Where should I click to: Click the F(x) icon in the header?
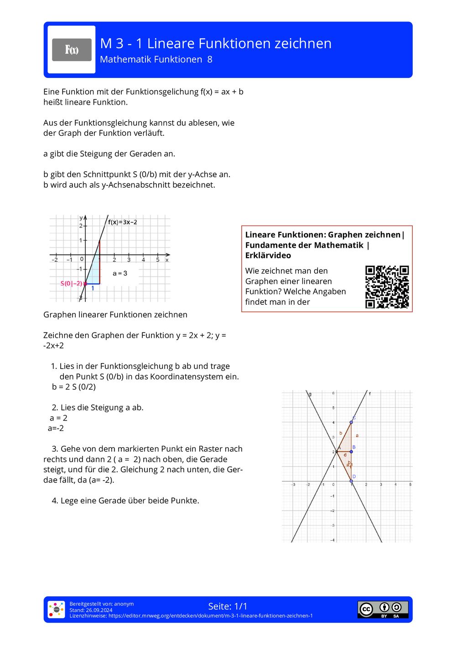[72, 50]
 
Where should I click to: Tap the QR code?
[387, 287]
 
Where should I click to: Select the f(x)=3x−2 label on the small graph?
[122, 222]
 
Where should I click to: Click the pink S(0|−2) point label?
[71, 283]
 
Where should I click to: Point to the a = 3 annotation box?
[120, 273]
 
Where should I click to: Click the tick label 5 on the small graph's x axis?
[158, 260]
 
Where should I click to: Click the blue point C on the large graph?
[351, 422]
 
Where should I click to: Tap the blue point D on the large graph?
[351, 481]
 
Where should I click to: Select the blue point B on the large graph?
[351, 451]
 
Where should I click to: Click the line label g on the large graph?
[310, 394]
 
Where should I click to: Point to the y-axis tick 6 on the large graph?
[333, 393]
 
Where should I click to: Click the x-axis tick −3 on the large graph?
[293, 485]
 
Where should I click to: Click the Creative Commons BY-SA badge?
[383, 609]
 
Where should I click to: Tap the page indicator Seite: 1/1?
[228, 606]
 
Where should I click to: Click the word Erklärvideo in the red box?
[268, 256]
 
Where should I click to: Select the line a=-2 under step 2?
[56, 428]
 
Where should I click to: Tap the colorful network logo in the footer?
[57, 609]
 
